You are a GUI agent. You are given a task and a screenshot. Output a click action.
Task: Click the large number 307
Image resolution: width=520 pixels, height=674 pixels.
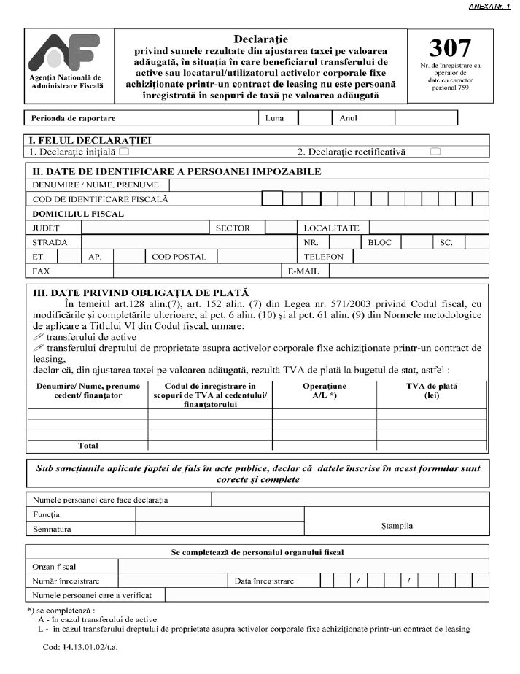coord(449,48)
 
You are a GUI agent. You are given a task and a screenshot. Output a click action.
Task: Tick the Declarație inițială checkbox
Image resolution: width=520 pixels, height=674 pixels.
coord(124,152)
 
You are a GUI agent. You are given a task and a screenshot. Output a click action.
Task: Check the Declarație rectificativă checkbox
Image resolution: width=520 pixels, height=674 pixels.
coord(435,152)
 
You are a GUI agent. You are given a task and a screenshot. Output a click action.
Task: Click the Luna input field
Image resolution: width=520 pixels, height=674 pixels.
coord(314,117)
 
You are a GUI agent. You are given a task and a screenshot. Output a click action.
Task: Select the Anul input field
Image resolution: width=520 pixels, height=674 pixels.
coord(408,117)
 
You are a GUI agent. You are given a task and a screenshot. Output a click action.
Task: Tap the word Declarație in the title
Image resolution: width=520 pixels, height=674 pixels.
coord(261,37)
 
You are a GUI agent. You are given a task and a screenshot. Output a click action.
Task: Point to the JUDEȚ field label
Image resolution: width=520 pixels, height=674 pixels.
coord(46,228)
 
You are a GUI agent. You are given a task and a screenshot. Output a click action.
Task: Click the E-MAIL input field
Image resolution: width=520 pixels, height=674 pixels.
coord(408,271)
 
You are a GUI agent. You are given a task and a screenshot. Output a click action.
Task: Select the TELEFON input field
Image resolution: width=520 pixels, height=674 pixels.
coord(420,257)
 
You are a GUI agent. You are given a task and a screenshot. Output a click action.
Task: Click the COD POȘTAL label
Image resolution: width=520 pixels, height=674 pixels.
coord(179,257)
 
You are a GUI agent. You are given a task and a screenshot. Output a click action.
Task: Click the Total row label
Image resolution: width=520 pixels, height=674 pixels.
coord(88,445)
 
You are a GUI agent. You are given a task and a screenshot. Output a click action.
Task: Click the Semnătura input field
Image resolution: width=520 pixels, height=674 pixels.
coord(220,529)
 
